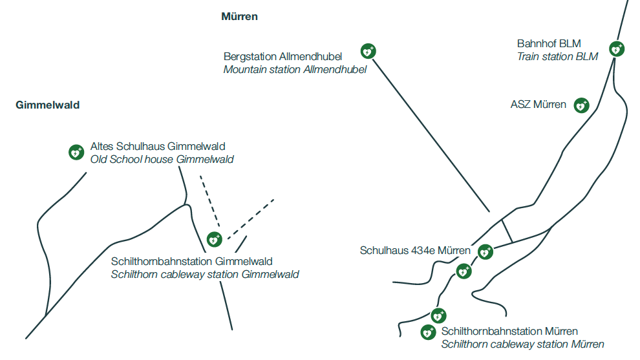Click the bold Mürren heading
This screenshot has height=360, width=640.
(x=239, y=17)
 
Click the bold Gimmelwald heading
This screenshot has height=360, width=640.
(x=48, y=105)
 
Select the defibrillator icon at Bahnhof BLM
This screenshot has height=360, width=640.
(x=617, y=48)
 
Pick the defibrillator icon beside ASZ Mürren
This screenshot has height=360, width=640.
(x=582, y=105)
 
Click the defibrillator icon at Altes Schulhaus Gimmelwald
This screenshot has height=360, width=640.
(x=76, y=153)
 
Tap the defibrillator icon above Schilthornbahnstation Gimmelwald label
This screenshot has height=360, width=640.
(x=214, y=240)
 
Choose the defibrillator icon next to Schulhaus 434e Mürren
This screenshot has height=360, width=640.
(x=485, y=251)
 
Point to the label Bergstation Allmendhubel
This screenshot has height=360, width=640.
(x=283, y=57)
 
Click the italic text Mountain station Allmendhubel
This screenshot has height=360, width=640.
(x=295, y=70)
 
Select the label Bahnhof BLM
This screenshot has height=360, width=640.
(x=549, y=43)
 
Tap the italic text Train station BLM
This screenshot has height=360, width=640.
(x=557, y=57)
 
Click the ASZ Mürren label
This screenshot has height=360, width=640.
(x=538, y=105)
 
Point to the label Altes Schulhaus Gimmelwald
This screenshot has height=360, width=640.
(x=158, y=147)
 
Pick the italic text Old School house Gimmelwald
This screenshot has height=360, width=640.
(x=162, y=159)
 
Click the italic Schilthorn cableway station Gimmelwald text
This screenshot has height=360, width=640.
(x=205, y=274)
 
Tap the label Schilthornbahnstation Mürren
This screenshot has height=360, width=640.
(x=509, y=332)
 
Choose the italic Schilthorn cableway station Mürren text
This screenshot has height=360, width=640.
(x=522, y=344)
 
